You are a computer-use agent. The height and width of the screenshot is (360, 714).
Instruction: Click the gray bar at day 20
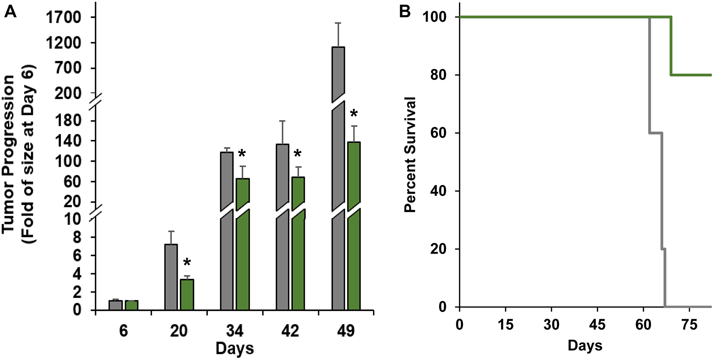pyautogui.click(x=171, y=277)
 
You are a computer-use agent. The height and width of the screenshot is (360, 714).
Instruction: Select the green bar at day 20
pyautogui.click(x=187, y=295)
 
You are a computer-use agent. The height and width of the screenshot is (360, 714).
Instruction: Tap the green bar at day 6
pyautogui.click(x=131, y=305)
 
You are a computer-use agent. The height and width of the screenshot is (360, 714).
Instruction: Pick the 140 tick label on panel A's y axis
pyautogui.click(x=68, y=141)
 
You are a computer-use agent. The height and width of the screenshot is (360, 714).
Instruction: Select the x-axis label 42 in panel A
pyautogui.click(x=290, y=331)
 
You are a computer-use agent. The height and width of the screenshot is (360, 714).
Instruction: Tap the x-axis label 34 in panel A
pyautogui.click(x=235, y=331)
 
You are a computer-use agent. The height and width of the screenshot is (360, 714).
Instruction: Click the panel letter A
pyautogui.click(x=11, y=12)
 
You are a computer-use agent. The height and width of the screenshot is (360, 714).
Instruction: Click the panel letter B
pyautogui.click(x=404, y=12)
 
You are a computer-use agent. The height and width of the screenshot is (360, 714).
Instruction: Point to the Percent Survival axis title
pyautogui.click(x=411, y=154)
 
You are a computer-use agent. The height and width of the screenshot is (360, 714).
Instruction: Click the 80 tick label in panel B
pyautogui.click(x=438, y=75)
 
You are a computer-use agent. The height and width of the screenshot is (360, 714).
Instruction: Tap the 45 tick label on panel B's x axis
pyautogui.click(x=597, y=325)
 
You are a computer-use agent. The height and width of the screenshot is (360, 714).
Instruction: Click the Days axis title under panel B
pyautogui.click(x=585, y=346)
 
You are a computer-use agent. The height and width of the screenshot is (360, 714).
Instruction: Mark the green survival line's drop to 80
pyautogui.click(x=672, y=46)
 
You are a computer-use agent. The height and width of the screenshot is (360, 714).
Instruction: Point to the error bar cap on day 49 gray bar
pyautogui.click(x=338, y=23)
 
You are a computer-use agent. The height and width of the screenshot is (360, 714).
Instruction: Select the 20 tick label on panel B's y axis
pyautogui.click(x=438, y=249)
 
